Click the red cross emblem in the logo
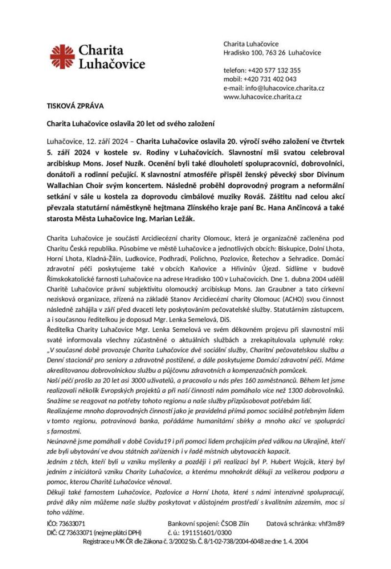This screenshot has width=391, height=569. click(62, 56)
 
